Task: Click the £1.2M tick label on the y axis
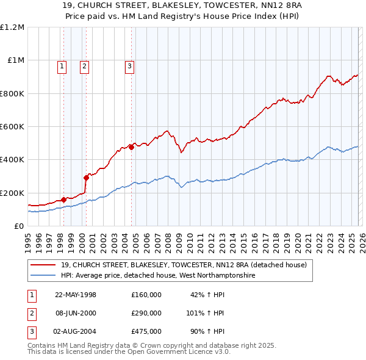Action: click(12, 27)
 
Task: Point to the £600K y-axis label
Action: click(12, 127)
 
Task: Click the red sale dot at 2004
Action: click(131, 147)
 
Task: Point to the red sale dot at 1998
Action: click(63, 200)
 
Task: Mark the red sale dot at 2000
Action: click(86, 178)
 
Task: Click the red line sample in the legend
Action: click(44, 265)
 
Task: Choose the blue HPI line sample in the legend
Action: click(44, 275)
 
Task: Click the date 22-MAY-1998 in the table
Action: click(76, 295)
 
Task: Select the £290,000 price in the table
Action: click(146, 313)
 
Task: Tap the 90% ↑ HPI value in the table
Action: click(206, 331)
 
